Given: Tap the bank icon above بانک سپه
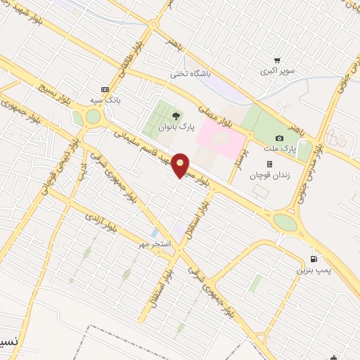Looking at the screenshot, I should pos(105,89).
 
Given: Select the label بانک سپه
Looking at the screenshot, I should pos(108,101).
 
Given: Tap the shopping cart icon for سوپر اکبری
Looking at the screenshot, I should pos(279,60).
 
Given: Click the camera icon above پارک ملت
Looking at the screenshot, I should pos(280,138).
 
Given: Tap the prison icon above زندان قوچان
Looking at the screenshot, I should pos(269,163).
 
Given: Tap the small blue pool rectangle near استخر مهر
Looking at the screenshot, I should pos(154,233).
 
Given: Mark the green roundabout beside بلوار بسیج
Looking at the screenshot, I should pos(93,118).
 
